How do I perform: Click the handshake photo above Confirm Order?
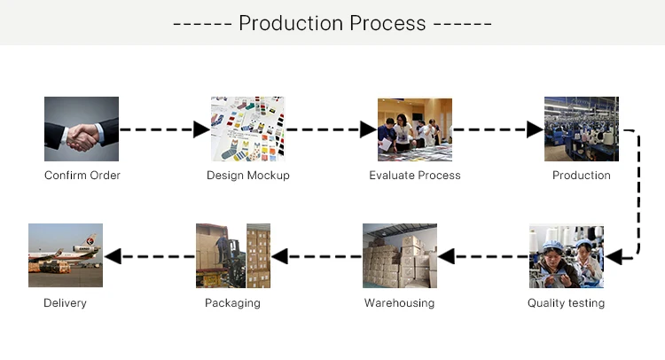point(82,129)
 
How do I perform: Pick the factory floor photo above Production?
point(582,129)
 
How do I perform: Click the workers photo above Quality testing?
point(567,256)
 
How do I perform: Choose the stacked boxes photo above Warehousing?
point(400,256)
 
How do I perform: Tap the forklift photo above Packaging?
point(232,256)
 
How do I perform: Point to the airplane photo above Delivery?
point(66,256)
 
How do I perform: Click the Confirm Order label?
point(82,176)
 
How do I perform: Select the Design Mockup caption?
point(248,176)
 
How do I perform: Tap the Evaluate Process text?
point(415,176)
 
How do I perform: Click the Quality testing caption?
point(566,303)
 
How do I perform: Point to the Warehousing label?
point(400,303)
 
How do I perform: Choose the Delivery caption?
point(66,303)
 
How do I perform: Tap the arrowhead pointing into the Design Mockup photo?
point(202,129)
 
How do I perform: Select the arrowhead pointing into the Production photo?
point(535,129)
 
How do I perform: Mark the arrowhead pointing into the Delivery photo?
point(113,257)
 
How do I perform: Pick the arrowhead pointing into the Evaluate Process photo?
point(368,129)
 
